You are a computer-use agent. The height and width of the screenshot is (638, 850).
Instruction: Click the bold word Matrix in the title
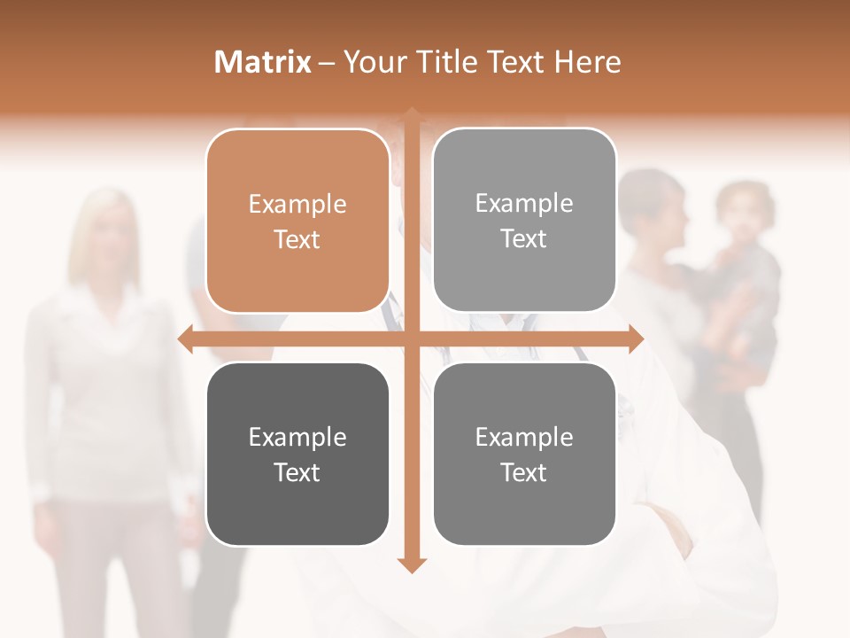(x=263, y=62)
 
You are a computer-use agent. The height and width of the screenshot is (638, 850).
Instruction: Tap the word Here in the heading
(x=588, y=62)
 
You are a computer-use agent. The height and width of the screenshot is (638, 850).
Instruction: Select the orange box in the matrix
(x=297, y=222)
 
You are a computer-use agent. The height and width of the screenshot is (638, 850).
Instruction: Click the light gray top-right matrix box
(x=524, y=221)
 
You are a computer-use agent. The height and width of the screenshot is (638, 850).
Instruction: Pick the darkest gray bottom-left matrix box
(x=297, y=455)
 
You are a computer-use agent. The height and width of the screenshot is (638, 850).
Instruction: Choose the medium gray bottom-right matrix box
(x=524, y=455)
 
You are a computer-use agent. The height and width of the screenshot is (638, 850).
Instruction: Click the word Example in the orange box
(x=297, y=205)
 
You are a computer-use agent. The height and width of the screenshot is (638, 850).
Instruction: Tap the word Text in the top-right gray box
(x=524, y=238)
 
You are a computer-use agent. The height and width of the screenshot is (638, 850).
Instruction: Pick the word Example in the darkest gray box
(x=297, y=438)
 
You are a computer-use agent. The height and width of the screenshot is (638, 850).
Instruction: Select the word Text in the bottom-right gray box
(x=524, y=472)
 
